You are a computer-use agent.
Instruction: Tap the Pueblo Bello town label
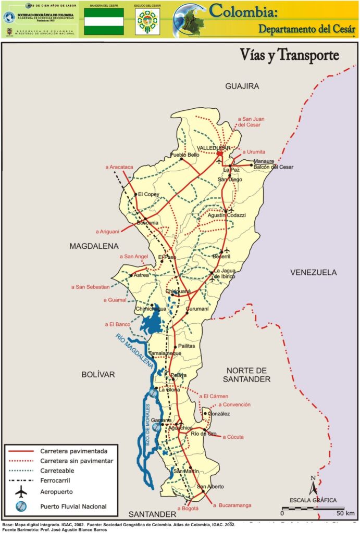pyautogui.click(x=185, y=155)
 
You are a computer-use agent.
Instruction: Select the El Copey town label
pyautogui.click(x=148, y=195)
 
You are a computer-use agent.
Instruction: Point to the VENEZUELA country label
pyautogui.click(x=313, y=272)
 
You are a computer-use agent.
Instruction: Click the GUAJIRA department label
pyautogui.click(x=242, y=86)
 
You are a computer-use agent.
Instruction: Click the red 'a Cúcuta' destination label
pyautogui.click(x=233, y=437)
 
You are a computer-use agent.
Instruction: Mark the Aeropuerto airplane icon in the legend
pyautogui.click(x=21, y=491)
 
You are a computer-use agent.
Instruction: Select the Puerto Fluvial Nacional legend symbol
pyautogui.click(x=21, y=506)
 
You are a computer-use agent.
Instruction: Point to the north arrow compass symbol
pyautogui.click(x=313, y=486)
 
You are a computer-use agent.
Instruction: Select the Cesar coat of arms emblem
pyautogui.click(x=147, y=22)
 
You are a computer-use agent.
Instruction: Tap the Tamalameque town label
pyautogui.click(x=165, y=353)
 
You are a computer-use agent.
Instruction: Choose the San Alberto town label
pyautogui.click(x=210, y=487)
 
